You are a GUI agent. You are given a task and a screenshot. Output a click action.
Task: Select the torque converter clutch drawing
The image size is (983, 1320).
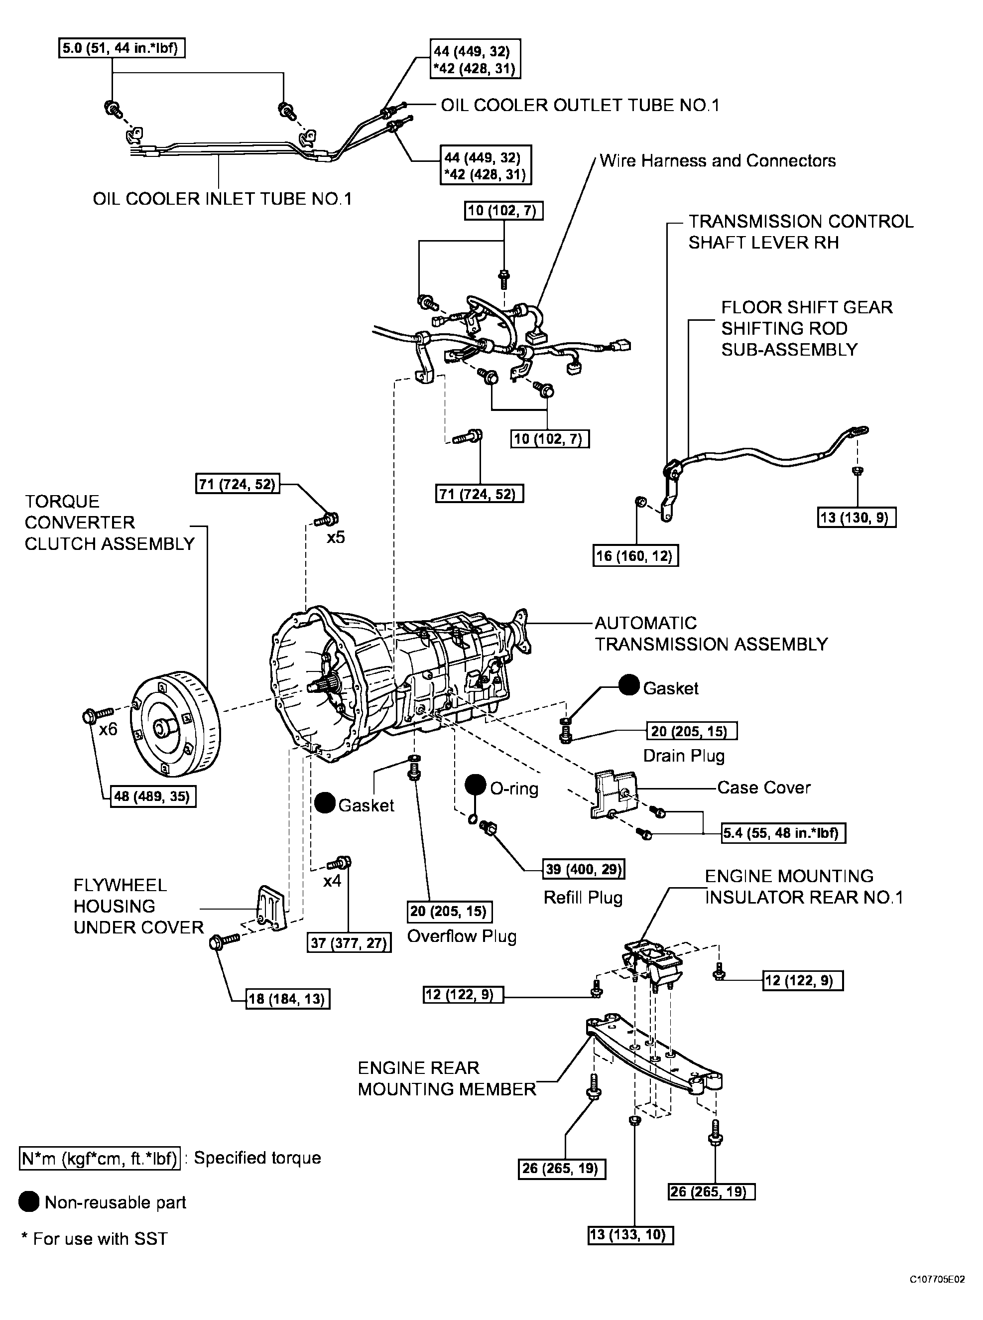tap(175, 724)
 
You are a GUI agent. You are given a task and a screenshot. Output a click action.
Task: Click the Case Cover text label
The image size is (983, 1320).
tap(763, 788)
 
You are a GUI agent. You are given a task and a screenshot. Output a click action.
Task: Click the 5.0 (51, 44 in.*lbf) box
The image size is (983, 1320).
tap(122, 48)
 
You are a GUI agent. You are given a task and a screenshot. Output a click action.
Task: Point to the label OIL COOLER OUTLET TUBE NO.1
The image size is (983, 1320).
tap(580, 105)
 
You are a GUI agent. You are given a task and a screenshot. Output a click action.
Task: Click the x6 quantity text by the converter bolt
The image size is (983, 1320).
tap(108, 729)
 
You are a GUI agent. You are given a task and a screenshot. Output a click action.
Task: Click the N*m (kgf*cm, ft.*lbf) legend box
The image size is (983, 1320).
tap(100, 1158)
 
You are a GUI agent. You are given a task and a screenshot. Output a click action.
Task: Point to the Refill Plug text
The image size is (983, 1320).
tap(583, 898)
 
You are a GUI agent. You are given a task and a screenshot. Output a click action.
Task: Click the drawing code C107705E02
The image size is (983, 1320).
tap(936, 1296)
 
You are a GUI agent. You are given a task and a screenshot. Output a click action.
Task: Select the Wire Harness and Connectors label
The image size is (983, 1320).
tap(717, 161)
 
